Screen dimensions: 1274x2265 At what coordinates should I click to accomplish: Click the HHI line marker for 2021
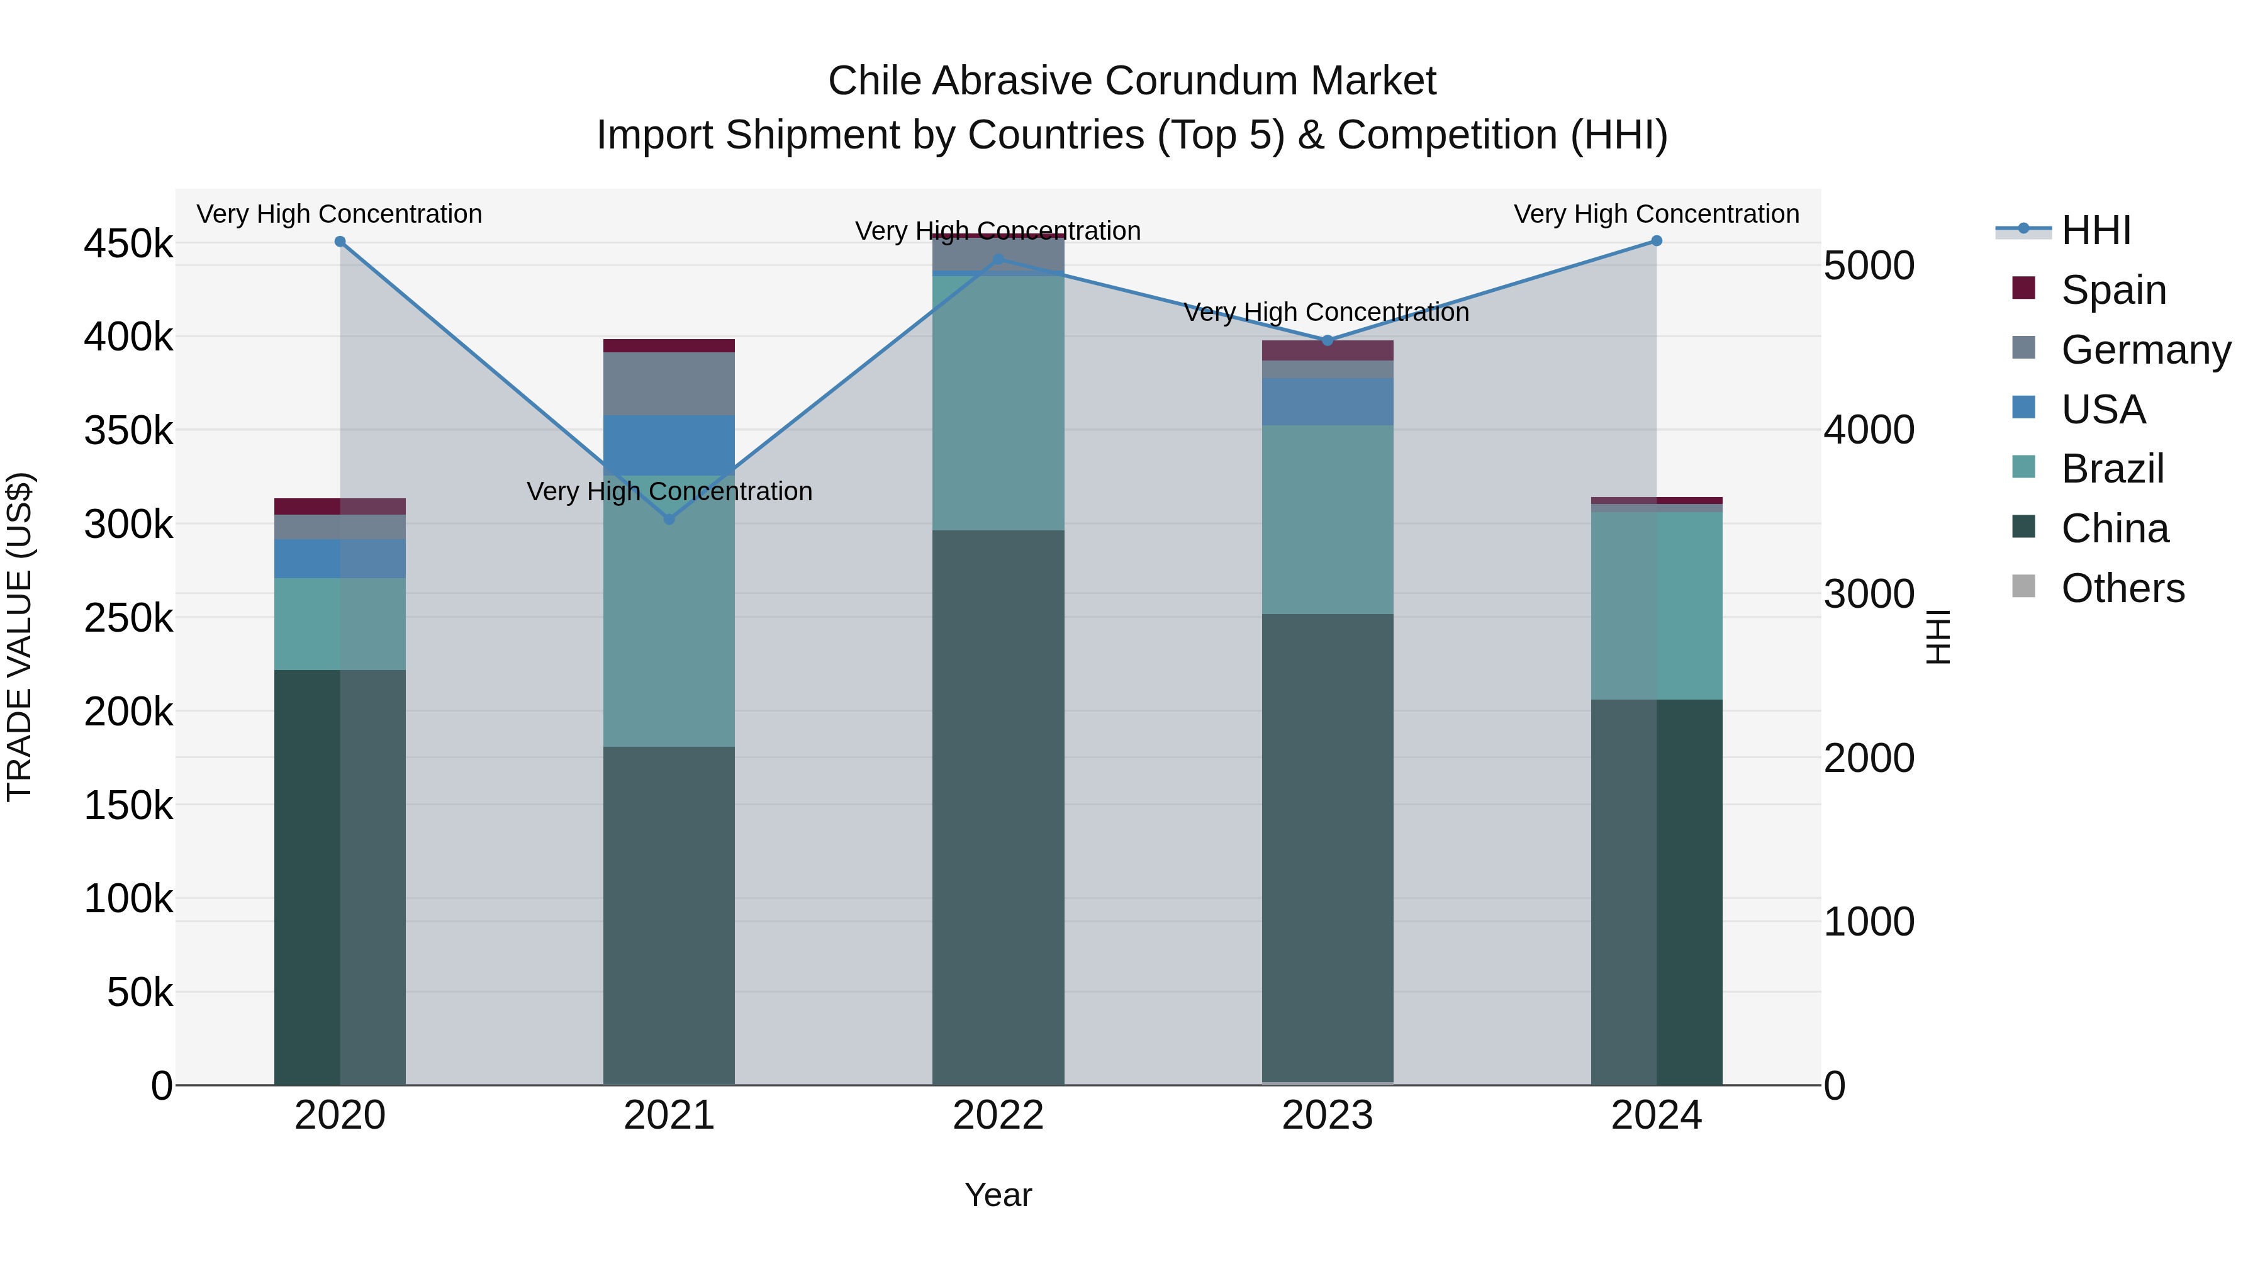669,520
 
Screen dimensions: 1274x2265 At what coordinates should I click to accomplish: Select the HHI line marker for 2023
1328,340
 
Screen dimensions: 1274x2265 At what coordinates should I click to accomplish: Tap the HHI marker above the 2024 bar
1657,241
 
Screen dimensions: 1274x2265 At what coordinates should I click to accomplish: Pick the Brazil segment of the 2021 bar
669,611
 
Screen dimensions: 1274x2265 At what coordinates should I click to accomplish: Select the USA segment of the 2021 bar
669,445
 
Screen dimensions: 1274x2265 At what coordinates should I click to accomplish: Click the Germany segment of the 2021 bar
669,383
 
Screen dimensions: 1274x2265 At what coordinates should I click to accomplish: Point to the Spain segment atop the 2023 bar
1328,350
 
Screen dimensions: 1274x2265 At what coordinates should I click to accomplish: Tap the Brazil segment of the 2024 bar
1657,606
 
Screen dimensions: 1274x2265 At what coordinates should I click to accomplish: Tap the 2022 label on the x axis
998,1115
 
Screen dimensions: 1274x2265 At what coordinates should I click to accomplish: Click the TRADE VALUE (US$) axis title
20,637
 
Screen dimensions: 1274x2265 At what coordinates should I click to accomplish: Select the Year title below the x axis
998,1195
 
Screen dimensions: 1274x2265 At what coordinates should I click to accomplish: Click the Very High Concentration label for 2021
669,491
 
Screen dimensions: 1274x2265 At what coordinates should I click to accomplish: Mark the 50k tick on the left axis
140,993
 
